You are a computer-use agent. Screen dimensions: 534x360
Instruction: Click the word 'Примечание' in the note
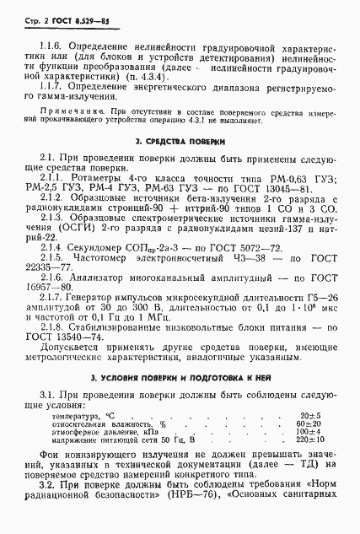click(74, 110)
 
